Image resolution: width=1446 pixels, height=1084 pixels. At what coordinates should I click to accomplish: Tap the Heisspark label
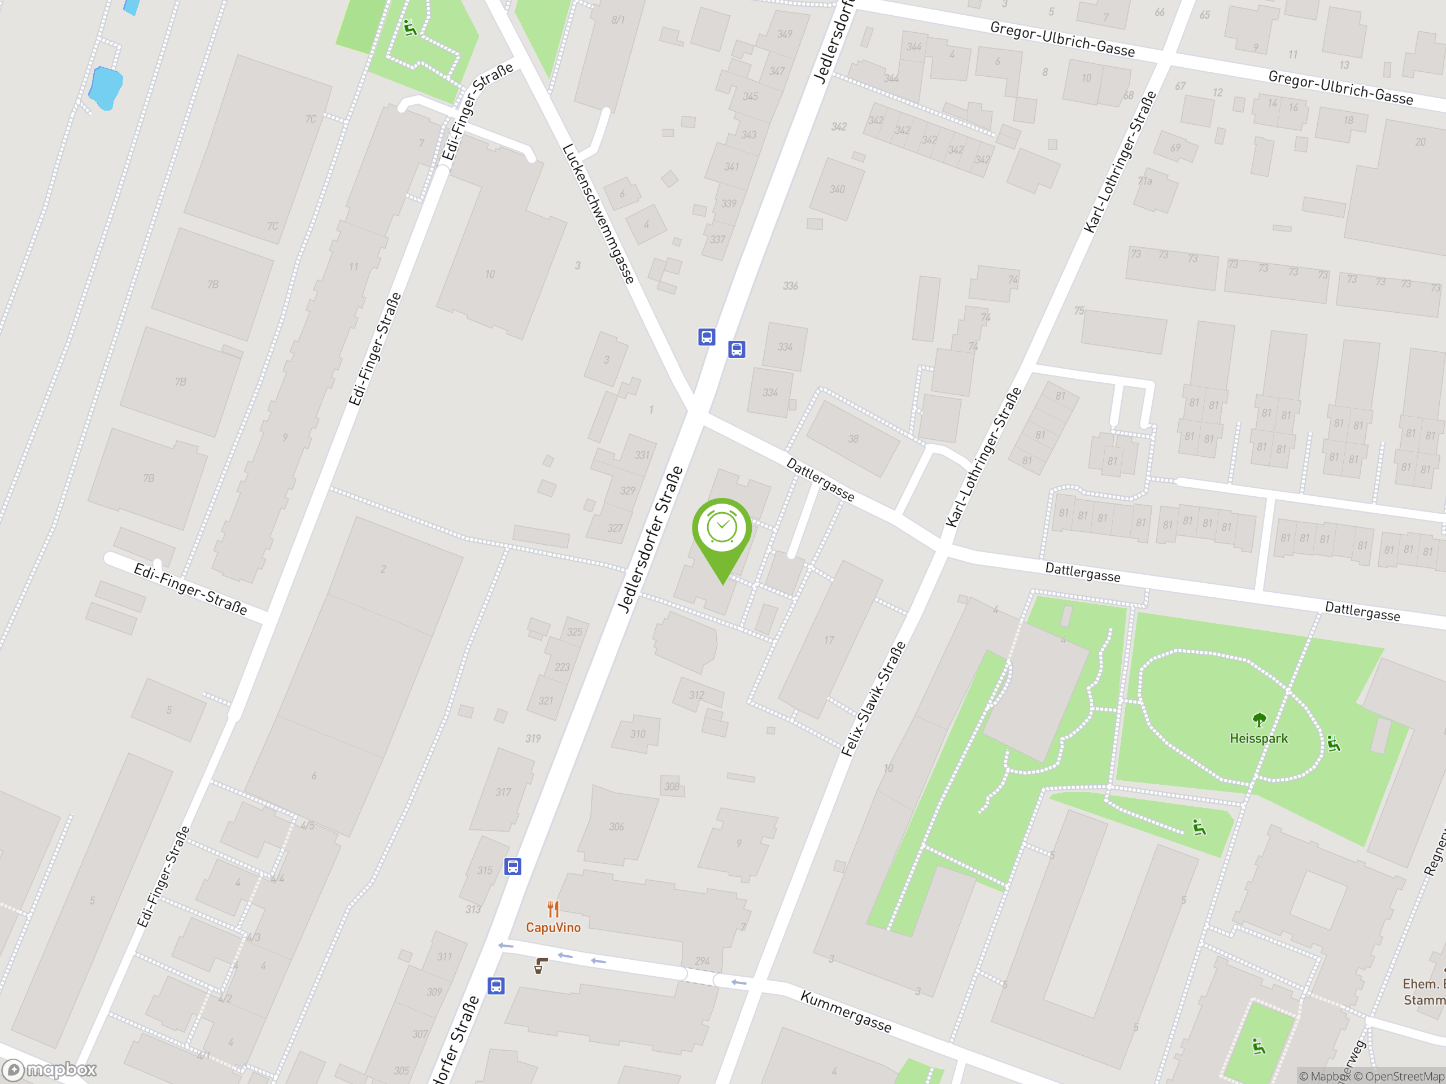click(x=1258, y=738)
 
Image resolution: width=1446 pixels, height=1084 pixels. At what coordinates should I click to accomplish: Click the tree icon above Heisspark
click(x=1259, y=720)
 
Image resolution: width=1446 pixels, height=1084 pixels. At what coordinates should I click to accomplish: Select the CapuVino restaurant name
click(x=553, y=927)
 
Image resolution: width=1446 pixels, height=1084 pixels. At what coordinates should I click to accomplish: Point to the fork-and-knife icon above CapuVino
click(x=553, y=908)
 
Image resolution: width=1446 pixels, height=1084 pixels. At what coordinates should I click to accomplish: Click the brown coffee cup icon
click(x=540, y=966)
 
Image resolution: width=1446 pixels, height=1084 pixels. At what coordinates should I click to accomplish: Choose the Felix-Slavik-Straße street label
click(x=873, y=699)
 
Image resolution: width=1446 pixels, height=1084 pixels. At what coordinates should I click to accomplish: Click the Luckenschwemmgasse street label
click(x=598, y=213)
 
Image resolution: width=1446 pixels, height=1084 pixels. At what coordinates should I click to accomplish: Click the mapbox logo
click(x=50, y=1070)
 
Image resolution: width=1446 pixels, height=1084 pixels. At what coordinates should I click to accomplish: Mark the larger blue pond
click(x=104, y=88)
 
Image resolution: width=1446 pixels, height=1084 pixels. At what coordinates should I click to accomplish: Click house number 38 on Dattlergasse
click(x=853, y=439)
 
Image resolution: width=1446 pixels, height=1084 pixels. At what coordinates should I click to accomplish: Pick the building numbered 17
click(x=829, y=640)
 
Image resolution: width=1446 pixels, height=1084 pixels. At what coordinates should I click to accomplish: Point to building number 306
click(x=616, y=827)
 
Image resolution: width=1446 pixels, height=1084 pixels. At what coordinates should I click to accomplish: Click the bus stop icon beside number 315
click(x=513, y=867)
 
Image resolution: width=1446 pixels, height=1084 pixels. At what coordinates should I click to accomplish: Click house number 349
click(x=785, y=34)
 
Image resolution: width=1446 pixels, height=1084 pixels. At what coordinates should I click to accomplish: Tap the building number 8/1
click(x=618, y=20)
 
